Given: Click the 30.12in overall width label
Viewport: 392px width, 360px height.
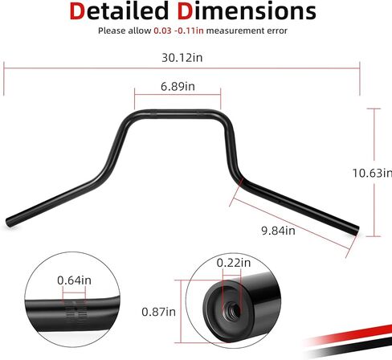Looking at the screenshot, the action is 182,58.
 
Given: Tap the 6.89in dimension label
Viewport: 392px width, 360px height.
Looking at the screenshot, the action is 178,87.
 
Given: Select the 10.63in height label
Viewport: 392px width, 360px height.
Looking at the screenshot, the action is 372,173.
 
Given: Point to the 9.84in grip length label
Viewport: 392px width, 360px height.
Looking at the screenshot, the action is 278,231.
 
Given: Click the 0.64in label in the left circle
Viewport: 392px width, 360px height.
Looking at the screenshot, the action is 74,280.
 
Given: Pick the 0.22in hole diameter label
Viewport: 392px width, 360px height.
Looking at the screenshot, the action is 234,263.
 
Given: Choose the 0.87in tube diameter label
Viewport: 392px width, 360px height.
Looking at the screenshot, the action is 158,312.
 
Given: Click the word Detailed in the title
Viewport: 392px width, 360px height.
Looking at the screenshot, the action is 119,11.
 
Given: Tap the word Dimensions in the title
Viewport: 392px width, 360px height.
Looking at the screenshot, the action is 247,11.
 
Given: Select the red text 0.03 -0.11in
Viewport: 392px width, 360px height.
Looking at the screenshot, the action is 178,31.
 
